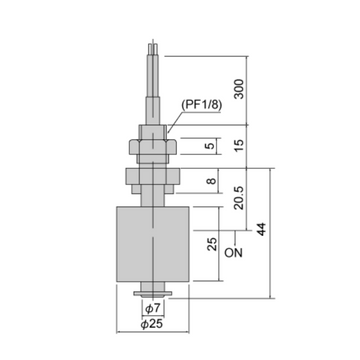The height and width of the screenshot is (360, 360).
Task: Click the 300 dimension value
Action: [x=238, y=89]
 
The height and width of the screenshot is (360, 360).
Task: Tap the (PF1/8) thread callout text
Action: [x=201, y=105]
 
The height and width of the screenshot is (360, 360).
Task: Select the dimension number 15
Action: [x=239, y=145]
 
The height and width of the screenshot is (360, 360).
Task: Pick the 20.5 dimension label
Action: [x=239, y=198]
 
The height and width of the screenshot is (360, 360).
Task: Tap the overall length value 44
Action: [x=262, y=229]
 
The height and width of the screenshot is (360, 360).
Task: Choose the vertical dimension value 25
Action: [x=212, y=244]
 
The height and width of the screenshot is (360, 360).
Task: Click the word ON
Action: [x=233, y=253]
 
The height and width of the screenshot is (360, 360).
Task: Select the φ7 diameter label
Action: [x=153, y=309]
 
